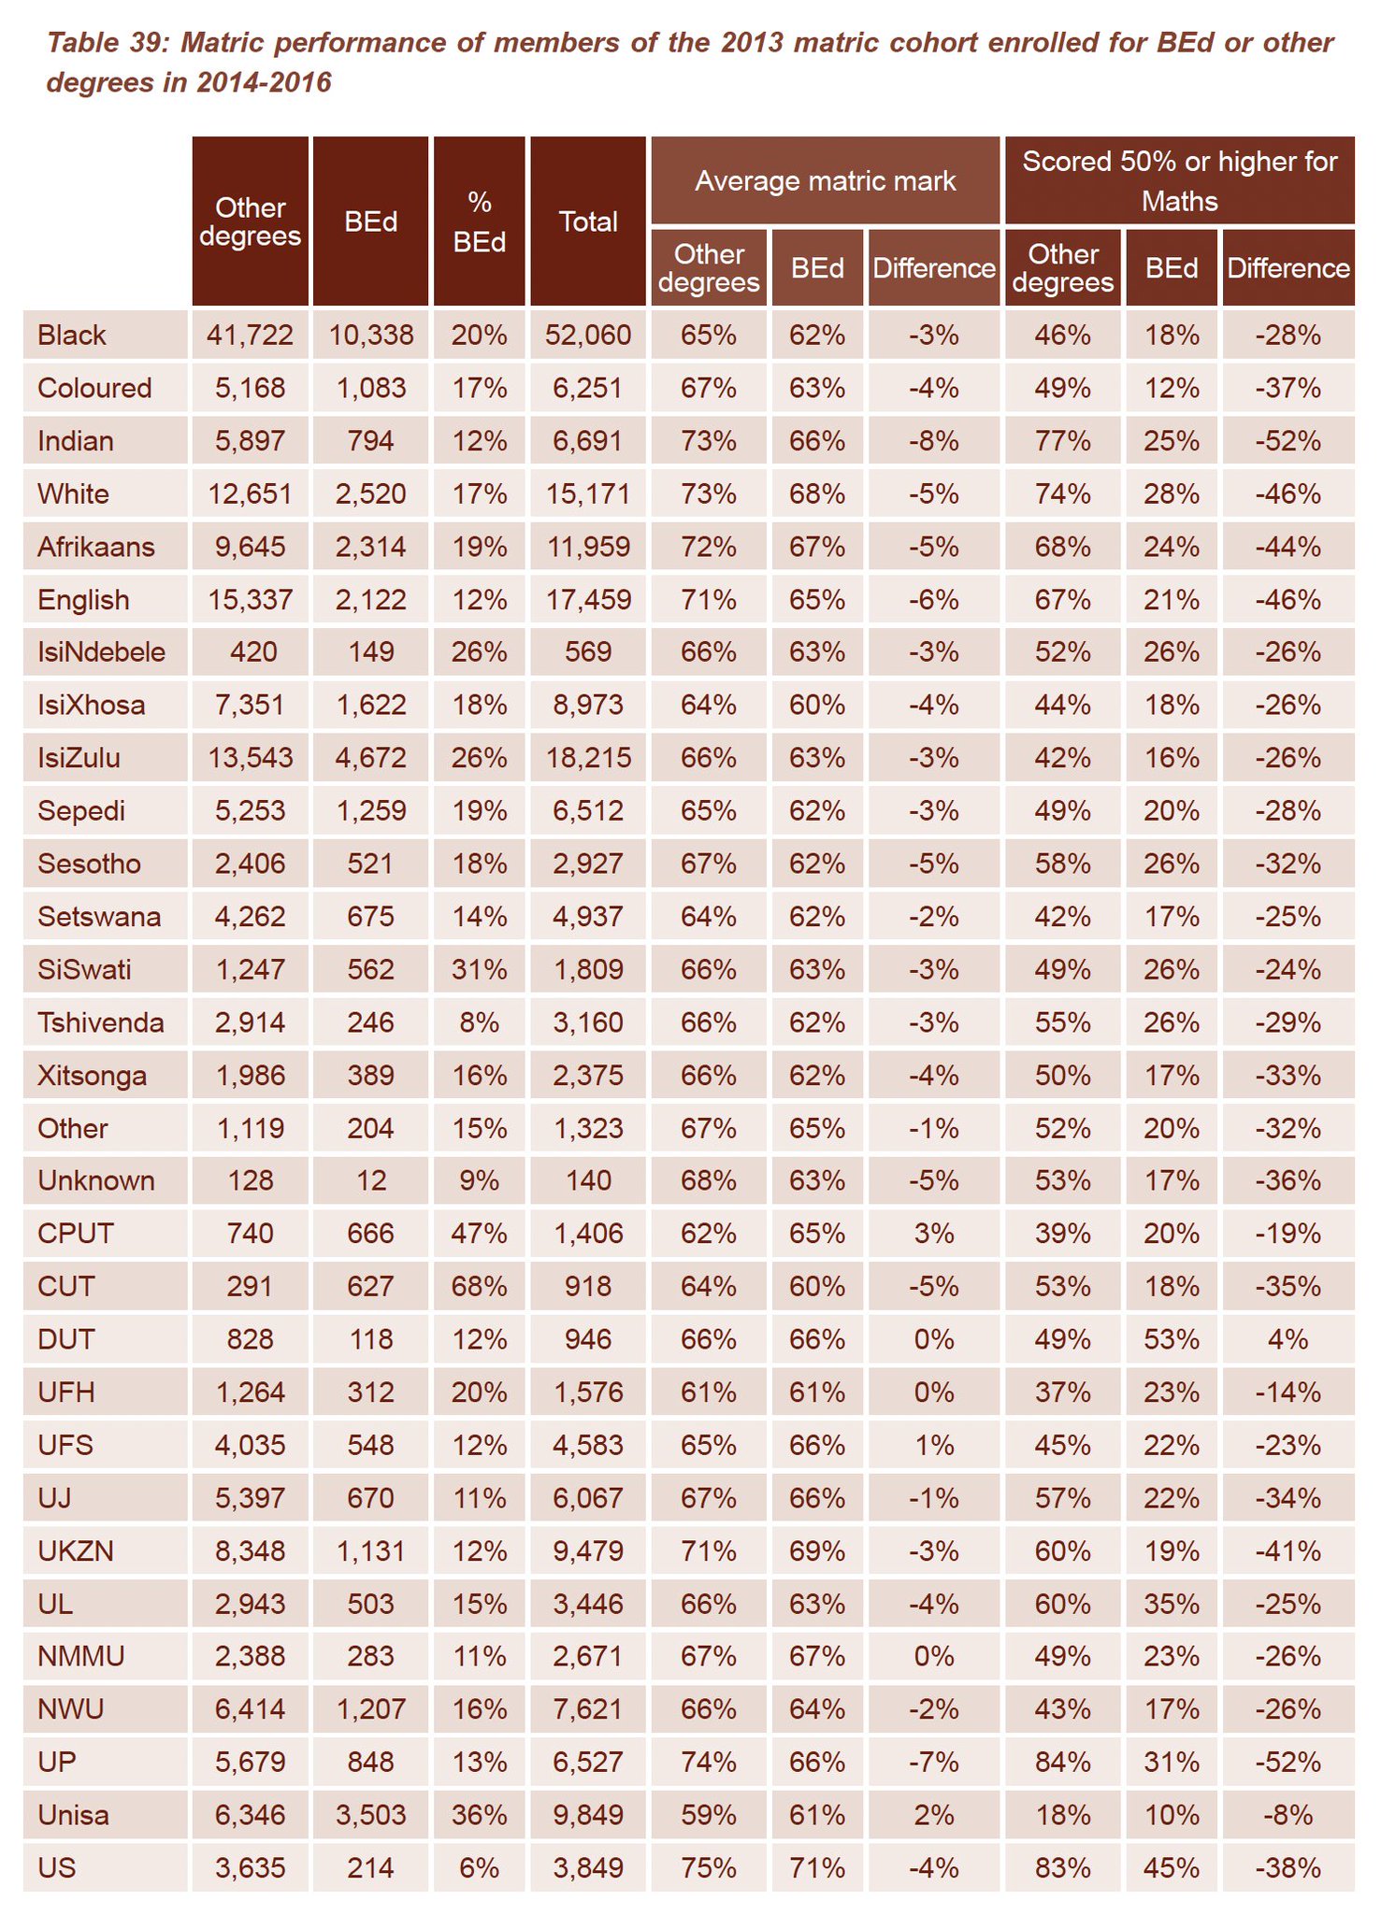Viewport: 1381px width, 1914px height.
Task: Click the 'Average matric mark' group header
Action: (825, 180)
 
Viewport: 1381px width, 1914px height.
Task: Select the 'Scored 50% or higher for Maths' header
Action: (1179, 180)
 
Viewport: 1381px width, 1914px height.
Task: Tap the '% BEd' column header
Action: (479, 221)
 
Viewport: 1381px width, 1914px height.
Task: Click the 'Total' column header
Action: (588, 221)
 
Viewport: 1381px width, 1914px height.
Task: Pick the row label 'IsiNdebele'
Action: (101, 651)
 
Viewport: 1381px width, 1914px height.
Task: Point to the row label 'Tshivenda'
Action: (100, 1022)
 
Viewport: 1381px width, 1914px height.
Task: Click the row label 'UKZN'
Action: (76, 1551)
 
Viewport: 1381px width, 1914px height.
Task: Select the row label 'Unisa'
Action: (73, 1816)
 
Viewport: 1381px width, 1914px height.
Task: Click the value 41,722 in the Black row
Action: (250, 335)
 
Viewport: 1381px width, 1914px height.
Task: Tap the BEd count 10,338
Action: (370, 335)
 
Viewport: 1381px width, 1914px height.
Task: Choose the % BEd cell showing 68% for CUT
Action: (479, 1286)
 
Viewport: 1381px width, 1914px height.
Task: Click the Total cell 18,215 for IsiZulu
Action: (588, 757)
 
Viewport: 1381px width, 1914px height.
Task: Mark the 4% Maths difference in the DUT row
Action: (1287, 1339)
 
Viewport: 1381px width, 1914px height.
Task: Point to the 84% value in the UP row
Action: (1062, 1763)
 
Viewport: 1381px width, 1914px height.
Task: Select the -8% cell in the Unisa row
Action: (1287, 1816)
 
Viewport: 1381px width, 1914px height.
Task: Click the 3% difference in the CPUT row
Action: (933, 1234)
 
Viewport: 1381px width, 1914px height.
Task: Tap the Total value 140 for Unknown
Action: (588, 1180)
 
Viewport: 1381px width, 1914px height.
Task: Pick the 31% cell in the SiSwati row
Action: (479, 969)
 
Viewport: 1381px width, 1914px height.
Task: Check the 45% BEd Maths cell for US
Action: (1171, 1868)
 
